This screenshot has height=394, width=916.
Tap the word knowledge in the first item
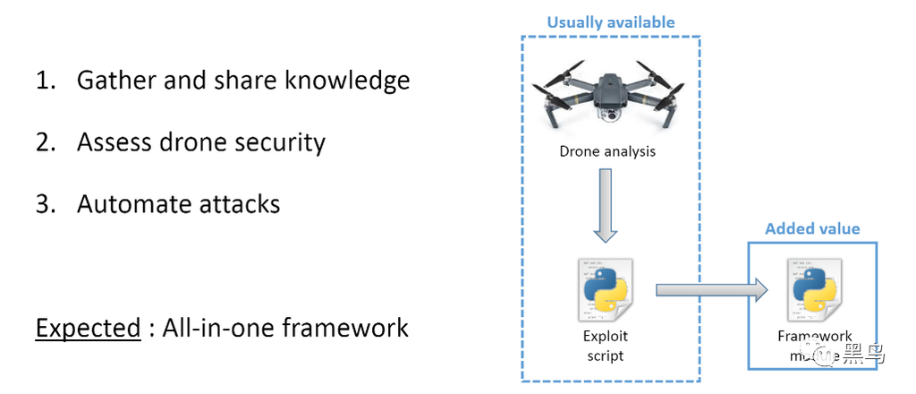[346, 81]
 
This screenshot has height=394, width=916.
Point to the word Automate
[127, 204]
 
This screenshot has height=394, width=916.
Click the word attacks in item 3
[235, 204]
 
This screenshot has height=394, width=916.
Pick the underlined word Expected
[88, 328]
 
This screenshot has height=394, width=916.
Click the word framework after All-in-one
[345, 328]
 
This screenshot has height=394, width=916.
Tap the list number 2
[44, 142]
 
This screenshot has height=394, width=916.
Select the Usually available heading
[610, 21]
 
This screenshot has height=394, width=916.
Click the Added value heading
[812, 229]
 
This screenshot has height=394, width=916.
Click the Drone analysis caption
[607, 151]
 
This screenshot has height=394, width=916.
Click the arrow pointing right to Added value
[711, 289]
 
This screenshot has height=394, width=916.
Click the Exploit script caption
[606, 346]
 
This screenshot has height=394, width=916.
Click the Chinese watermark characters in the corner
[867, 355]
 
